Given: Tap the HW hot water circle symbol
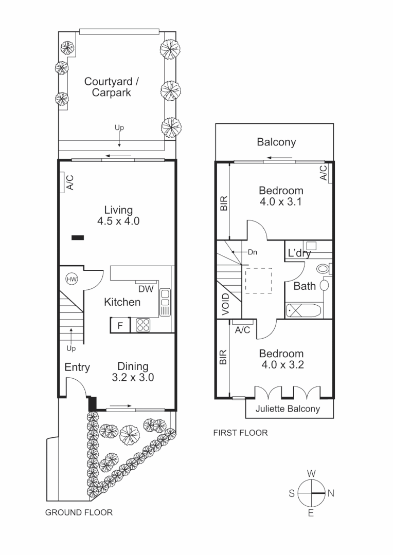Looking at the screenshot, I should tap(71, 279).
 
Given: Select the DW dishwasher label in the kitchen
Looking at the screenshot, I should tap(146, 289).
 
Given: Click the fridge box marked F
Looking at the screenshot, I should tap(120, 325).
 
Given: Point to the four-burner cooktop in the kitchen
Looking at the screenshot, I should tap(142, 325).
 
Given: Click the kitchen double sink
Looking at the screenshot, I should tap(165, 302).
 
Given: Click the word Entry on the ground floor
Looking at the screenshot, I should tap(77, 367).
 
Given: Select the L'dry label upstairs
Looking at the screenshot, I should tap(299, 253).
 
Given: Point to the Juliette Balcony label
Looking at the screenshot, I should tap(288, 409).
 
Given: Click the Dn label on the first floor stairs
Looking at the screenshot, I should tap(252, 252).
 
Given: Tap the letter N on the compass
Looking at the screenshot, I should tap(331, 493).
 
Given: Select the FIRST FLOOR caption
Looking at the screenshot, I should tap(240, 433).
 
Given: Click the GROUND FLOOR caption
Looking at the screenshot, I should tap(79, 512).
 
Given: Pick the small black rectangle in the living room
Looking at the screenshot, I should tap(78, 237).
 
